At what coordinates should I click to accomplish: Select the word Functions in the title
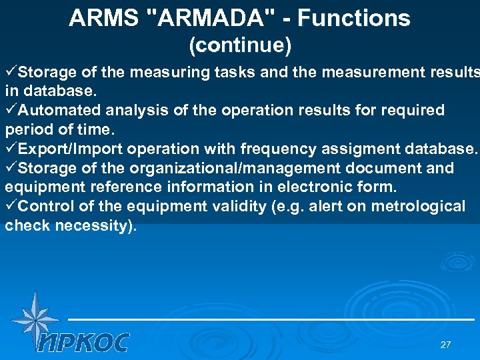point(354,19)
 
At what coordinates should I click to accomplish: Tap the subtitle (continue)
point(240,45)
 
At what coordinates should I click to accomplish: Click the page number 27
point(445,345)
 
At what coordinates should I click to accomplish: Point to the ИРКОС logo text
point(83,342)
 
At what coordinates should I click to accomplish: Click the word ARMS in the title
point(100,19)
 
